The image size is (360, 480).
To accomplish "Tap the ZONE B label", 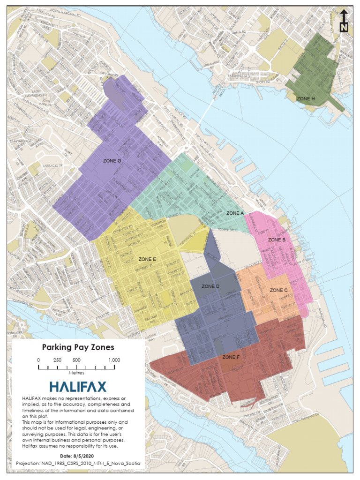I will (x=277, y=240).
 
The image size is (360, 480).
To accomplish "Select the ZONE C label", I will (x=278, y=290).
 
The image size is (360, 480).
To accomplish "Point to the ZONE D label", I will (x=210, y=286).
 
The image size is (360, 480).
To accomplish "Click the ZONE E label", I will (x=148, y=259).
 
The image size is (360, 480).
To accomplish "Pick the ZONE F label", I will (x=231, y=357).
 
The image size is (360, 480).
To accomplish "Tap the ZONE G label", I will (x=112, y=161).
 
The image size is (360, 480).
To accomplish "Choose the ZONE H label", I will (x=306, y=98).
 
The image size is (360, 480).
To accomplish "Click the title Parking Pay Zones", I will (x=78, y=347).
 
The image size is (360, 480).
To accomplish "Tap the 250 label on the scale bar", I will (x=57, y=360).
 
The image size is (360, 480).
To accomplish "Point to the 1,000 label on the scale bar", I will (x=114, y=360).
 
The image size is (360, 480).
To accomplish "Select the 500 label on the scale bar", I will (x=76, y=360).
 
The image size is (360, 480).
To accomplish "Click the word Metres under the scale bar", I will (x=76, y=373).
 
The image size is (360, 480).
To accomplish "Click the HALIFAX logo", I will (x=78, y=387).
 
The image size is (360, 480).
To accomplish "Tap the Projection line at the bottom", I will (x=78, y=463).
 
